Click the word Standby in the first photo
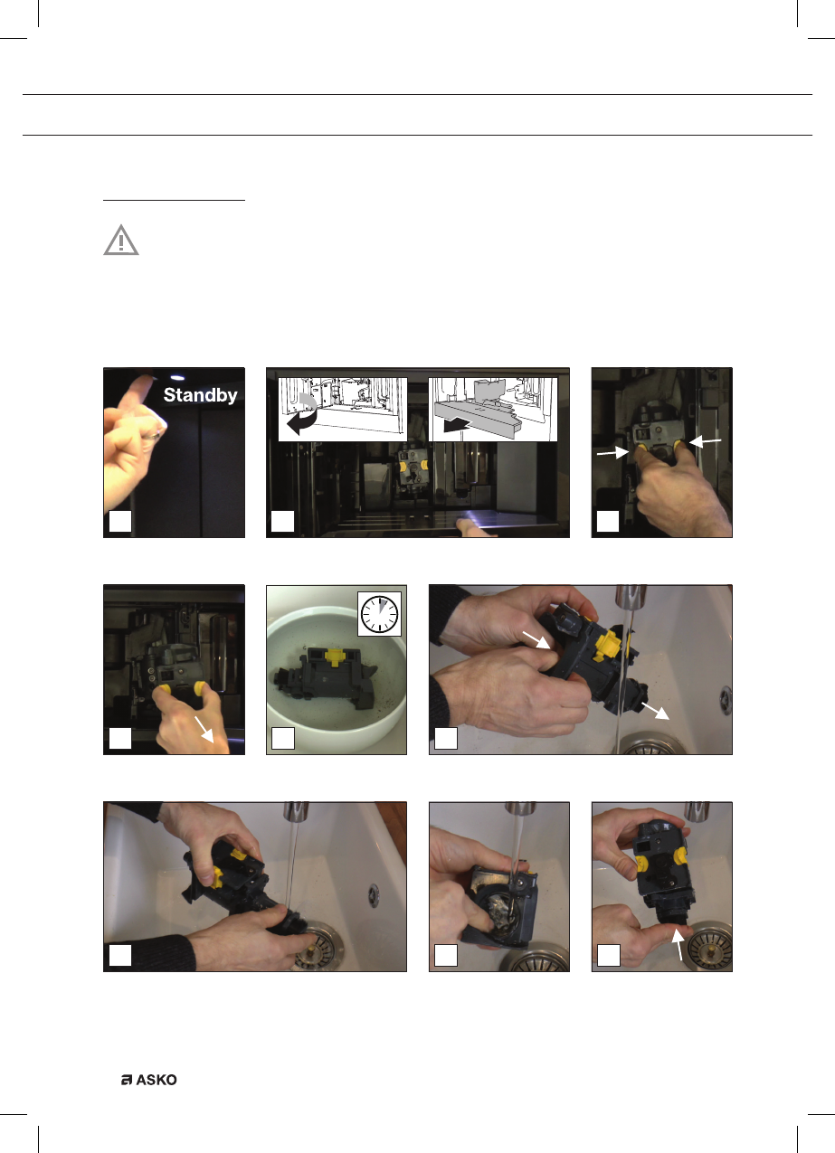[200, 395]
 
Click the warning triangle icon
[121, 240]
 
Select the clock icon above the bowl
[379, 614]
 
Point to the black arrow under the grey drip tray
[456, 425]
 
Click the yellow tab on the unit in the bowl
[335, 656]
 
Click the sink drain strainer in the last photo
[711, 947]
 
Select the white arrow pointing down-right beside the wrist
[204, 728]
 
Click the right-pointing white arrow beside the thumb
[612, 452]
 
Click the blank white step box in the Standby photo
[120, 521]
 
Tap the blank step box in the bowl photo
[282, 738]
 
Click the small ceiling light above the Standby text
[177, 377]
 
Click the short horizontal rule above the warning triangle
[174, 200]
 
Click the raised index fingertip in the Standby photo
[145, 379]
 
